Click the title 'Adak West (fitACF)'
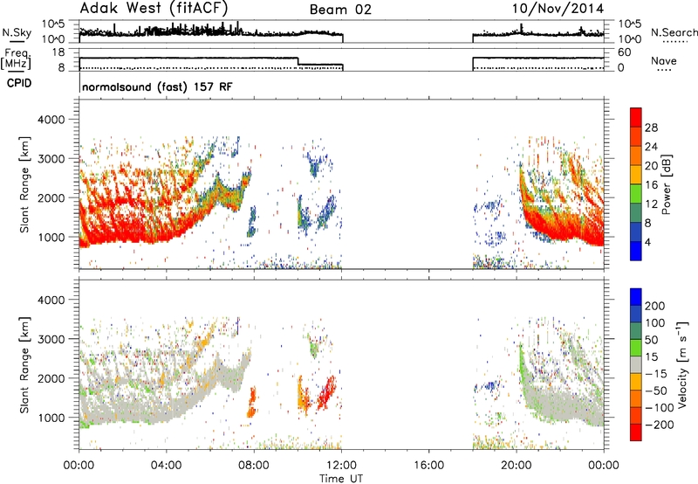pyautogui.click(x=154, y=9)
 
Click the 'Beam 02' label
pyautogui.click(x=340, y=10)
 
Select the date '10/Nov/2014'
pyautogui.click(x=558, y=9)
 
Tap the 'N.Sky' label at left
pyautogui.click(x=17, y=32)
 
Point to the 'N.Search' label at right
pyautogui.click(x=674, y=32)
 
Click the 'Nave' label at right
pyautogui.click(x=664, y=60)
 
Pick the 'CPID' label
pyautogui.click(x=19, y=83)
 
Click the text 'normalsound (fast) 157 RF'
pyautogui.click(x=157, y=86)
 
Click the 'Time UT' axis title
pyautogui.click(x=341, y=478)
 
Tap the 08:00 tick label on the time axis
pyautogui.click(x=254, y=466)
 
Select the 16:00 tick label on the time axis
pyautogui.click(x=428, y=466)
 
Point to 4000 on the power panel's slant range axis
pyautogui.click(x=51, y=120)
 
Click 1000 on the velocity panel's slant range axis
pyautogui.click(x=51, y=418)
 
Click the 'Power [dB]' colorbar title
pyautogui.click(x=666, y=184)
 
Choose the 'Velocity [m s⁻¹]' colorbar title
pyautogui.click(x=681, y=364)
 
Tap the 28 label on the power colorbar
pyautogui.click(x=651, y=128)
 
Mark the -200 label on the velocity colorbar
pyautogui.click(x=660, y=425)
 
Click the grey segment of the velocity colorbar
pyautogui.click(x=636, y=364)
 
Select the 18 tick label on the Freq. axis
pyautogui.click(x=58, y=52)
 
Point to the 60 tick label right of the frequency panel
pyautogui.click(x=624, y=52)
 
